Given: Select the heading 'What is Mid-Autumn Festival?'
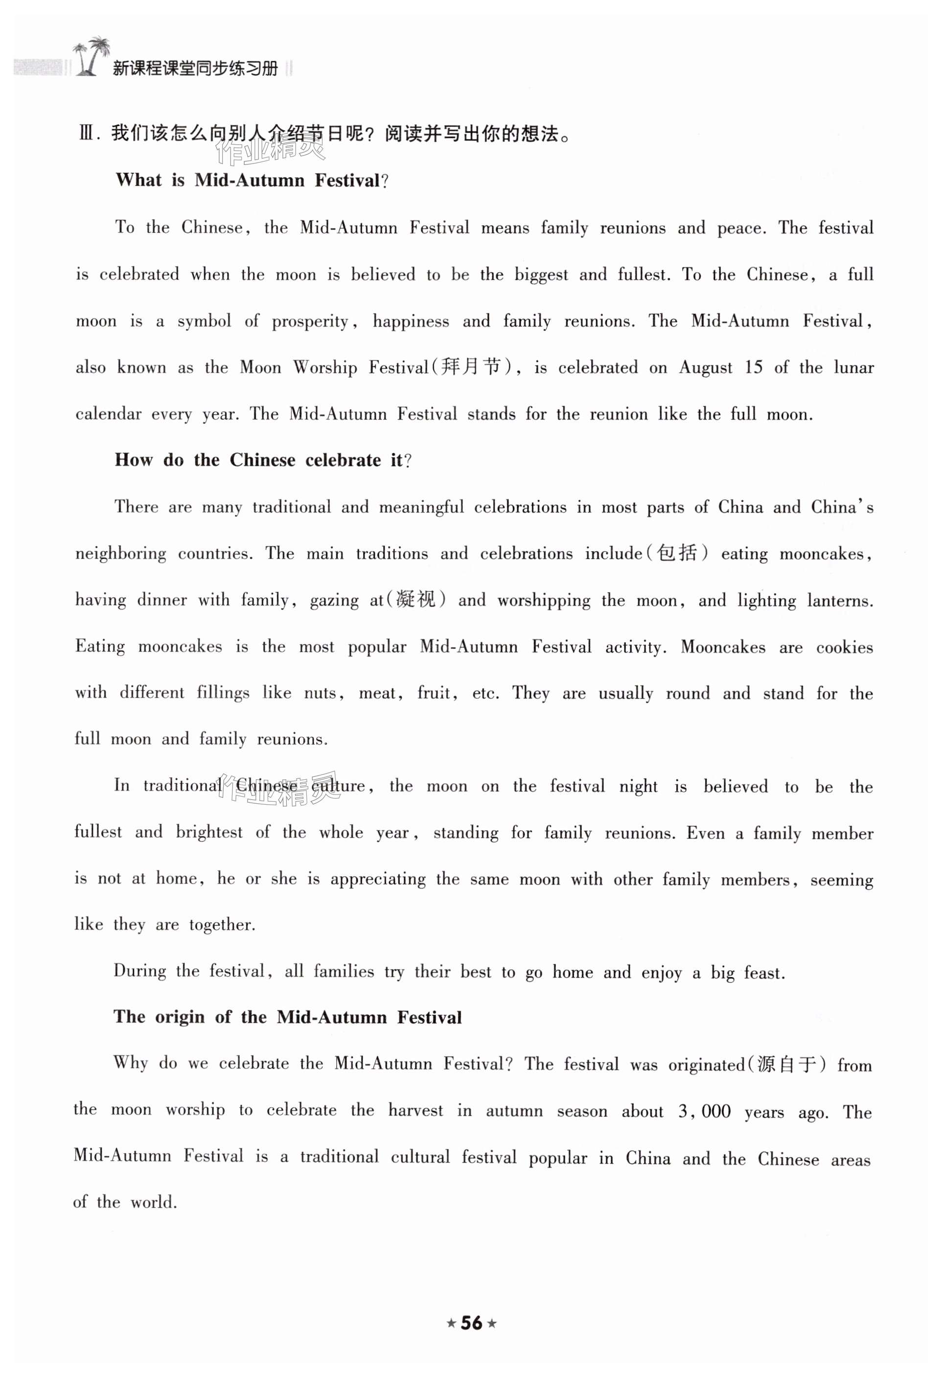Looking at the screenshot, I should [252, 180].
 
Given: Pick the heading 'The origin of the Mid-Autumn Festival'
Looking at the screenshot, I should [287, 1017].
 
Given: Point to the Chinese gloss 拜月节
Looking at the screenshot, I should [470, 367].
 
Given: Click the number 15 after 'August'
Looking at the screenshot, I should [753, 367].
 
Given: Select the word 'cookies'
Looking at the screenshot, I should [844, 647].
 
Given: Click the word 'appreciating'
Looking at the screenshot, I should [377, 879].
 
